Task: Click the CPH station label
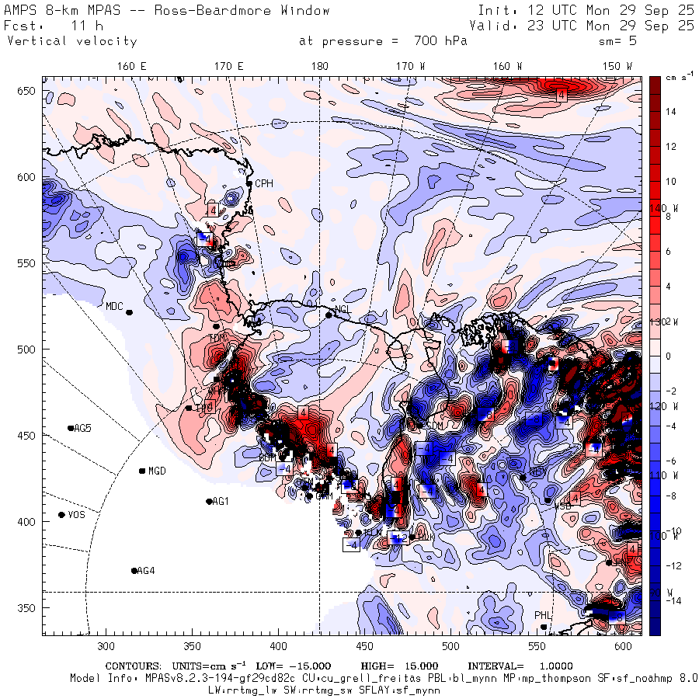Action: tap(265, 183)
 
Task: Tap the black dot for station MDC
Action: tap(129, 312)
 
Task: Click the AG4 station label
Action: tap(146, 571)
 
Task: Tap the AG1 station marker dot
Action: tap(209, 502)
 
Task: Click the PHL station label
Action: tap(542, 615)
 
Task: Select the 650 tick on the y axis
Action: tap(28, 92)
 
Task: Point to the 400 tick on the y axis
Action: tap(28, 522)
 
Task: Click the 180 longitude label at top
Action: tap(319, 67)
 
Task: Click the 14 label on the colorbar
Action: tap(669, 112)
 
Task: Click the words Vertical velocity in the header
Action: tap(71, 41)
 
